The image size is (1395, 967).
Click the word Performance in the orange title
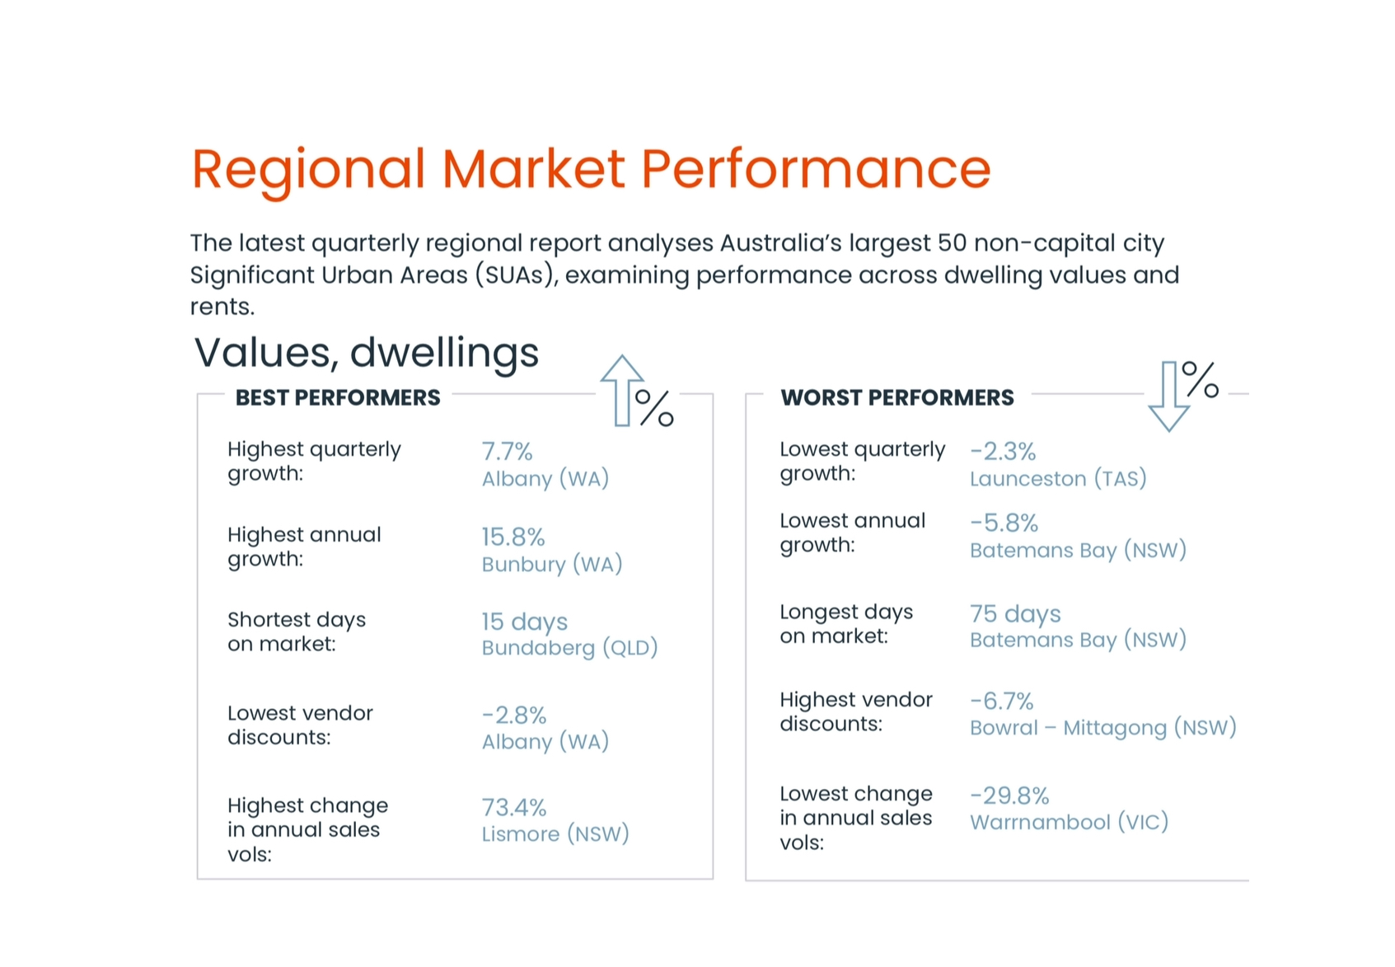(816, 170)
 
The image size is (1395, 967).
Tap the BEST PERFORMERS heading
(338, 397)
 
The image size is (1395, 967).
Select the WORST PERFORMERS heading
(897, 397)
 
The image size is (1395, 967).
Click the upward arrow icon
(621, 391)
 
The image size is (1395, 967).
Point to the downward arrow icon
(1169, 397)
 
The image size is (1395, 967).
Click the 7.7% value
(508, 451)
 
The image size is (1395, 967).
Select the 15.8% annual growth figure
(513, 537)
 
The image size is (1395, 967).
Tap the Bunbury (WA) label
(552, 565)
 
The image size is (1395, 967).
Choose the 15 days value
(524, 622)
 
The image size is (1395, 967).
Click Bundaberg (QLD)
(570, 648)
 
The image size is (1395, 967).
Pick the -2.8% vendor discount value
(514, 716)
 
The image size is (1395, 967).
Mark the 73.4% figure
(514, 808)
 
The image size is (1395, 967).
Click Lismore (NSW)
(555, 834)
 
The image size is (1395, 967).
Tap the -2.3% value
(1004, 451)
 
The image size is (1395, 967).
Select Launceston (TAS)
(1058, 478)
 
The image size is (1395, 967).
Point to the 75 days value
(1015, 613)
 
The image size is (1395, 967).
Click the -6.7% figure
(1002, 702)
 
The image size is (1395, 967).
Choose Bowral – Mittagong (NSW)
(1103, 728)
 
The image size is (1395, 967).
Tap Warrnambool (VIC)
(1070, 823)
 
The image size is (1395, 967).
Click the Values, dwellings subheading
(366, 354)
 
